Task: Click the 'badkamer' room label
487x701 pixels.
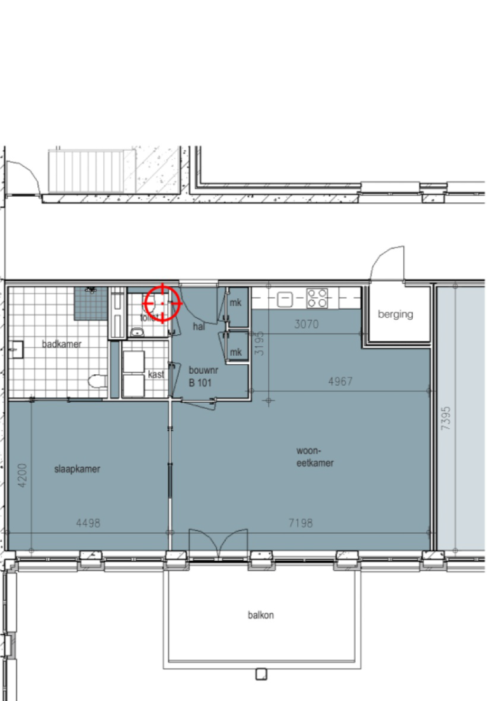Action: click(62, 344)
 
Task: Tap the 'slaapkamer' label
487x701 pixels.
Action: click(77, 469)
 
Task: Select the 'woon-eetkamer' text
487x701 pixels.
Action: click(315, 457)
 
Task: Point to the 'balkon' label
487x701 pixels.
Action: click(261, 615)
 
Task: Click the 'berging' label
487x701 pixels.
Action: click(395, 314)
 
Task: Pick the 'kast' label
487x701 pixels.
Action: click(156, 374)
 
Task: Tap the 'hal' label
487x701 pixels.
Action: click(199, 326)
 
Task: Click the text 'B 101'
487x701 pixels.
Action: click(200, 383)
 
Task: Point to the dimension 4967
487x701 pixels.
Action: click(340, 381)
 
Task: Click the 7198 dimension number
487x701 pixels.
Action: click(300, 523)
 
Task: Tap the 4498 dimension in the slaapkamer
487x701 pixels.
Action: click(88, 523)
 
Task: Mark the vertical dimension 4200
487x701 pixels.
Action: click(22, 475)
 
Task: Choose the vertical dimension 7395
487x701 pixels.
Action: click(446, 419)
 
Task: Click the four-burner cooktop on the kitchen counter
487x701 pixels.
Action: click(317, 298)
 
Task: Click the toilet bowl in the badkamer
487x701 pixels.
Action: click(96, 382)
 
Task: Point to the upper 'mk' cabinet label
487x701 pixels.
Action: click(235, 303)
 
